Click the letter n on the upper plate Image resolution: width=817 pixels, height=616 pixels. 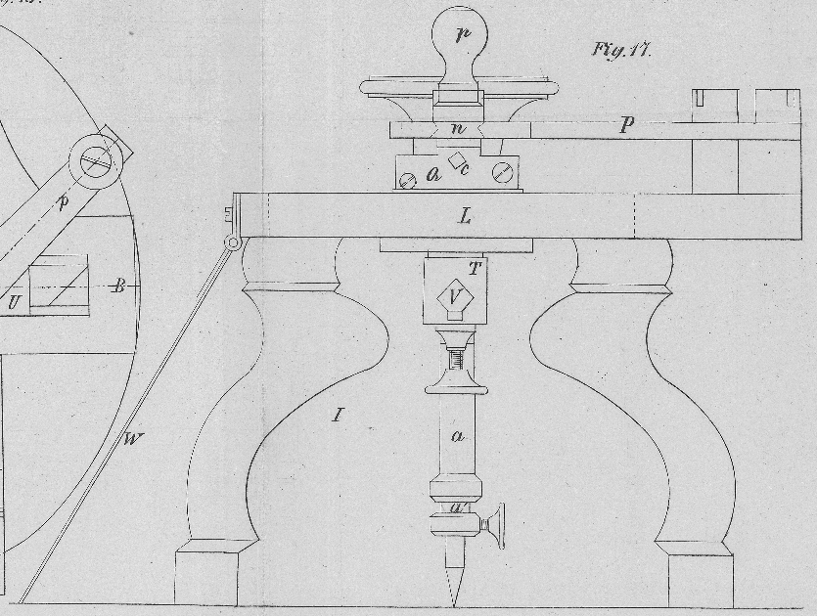click(458, 129)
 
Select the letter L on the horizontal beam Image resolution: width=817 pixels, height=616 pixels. click(465, 216)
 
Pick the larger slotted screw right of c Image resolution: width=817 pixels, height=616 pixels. click(503, 174)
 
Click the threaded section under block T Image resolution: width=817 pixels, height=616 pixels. click(455, 363)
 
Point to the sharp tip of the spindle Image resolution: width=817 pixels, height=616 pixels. click(454, 599)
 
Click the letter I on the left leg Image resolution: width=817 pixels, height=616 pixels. click(339, 416)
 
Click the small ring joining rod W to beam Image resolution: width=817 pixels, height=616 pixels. click(233, 243)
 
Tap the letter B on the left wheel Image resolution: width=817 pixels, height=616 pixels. click(118, 286)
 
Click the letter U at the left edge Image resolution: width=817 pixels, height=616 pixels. click(14, 303)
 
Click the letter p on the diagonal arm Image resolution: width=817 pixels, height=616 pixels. click(65, 203)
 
